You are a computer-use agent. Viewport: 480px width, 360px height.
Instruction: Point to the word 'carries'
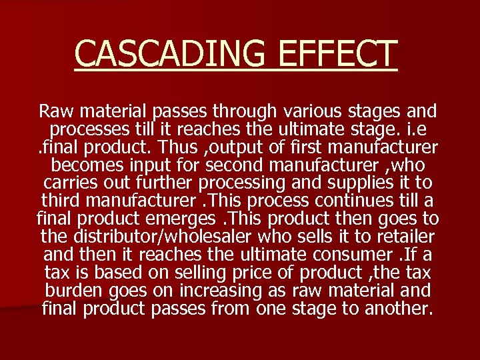(x=69, y=182)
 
